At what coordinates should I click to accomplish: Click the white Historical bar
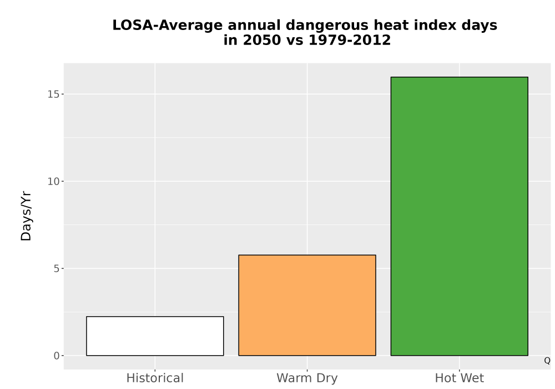(x=155, y=336)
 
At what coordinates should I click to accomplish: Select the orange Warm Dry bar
(x=307, y=305)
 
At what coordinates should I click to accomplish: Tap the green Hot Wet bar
(x=460, y=216)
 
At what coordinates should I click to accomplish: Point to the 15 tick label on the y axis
(x=53, y=94)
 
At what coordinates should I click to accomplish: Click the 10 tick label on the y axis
(x=53, y=181)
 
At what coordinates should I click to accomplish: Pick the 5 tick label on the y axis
(x=57, y=268)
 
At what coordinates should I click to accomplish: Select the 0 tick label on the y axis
(x=57, y=356)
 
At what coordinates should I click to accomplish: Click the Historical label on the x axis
(x=155, y=378)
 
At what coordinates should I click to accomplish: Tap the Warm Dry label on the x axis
(x=307, y=378)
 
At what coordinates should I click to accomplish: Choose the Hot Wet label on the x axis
(x=460, y=378)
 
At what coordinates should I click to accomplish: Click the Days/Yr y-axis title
(x=26, y=217)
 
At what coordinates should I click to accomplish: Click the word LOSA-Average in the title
(x=168, y=26)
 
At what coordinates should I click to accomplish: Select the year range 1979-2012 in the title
(x=350, y=40)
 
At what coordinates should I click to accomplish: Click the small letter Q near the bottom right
(x=547, y=361)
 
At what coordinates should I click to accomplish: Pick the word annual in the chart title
(x=254, y=25)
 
